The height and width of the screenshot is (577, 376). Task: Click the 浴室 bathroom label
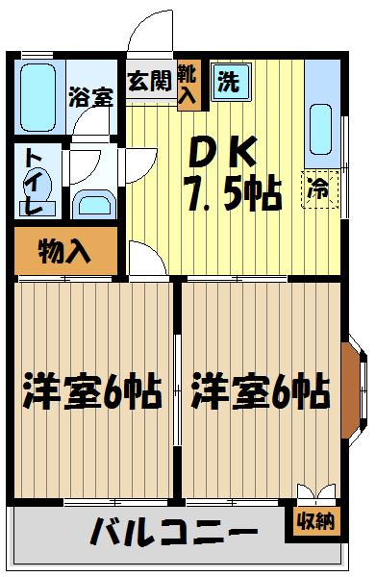coord(89,96)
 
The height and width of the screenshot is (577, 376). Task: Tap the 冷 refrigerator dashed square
coord(316,189)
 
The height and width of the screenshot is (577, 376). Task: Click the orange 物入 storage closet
coord(64,253)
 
